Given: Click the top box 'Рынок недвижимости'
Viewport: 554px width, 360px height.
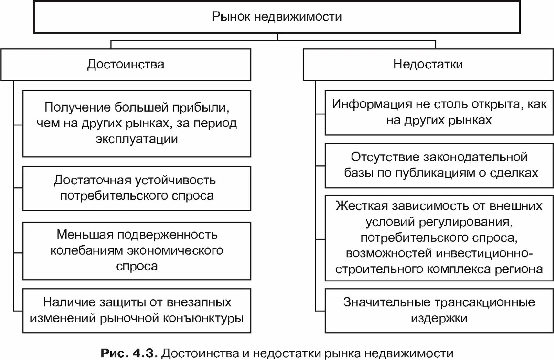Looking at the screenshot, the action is pos(277,17).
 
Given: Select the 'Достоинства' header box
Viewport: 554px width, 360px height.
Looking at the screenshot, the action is pos(126,65).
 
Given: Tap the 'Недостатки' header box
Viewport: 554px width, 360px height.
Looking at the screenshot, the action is pos(428,65).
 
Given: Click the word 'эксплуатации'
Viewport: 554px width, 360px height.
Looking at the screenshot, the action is pos(137,139).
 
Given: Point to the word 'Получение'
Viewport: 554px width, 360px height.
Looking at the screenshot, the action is pos(77,108).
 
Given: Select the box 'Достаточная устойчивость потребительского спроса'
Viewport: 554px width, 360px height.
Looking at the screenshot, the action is pos(137,188).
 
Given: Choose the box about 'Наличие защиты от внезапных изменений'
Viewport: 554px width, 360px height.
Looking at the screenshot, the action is pos(137,311).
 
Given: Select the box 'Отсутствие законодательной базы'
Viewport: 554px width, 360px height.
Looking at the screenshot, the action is pos(439,165).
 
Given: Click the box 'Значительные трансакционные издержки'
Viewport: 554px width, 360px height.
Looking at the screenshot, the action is pos(439,311).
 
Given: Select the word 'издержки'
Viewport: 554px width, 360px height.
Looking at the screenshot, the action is pos(439,318).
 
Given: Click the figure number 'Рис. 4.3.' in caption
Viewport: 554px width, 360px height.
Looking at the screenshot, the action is pos(129,353).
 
